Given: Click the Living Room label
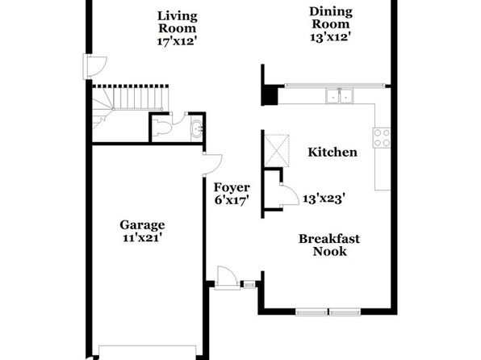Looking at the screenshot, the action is [177, 22].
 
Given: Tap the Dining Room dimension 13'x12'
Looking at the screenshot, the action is [330, 37].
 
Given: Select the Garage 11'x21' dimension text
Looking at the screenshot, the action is [142, 238].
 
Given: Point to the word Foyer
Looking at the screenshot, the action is [232, 187].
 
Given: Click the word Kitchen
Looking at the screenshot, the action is [333, 153].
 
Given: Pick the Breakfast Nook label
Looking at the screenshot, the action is [329, 245].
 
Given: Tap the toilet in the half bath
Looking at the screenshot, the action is [161, 128].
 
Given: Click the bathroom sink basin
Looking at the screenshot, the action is [197, 128].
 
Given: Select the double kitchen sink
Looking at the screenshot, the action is [339, 96].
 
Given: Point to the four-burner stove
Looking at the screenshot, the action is [382, 137].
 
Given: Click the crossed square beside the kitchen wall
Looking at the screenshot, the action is [277, 150].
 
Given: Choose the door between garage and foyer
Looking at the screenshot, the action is [212, 164].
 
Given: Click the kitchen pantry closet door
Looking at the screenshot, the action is [289, 195].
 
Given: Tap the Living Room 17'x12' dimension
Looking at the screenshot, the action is [177, 41].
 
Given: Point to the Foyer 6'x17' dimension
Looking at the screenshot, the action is [232, 200].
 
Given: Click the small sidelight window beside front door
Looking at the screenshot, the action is [249, 285].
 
